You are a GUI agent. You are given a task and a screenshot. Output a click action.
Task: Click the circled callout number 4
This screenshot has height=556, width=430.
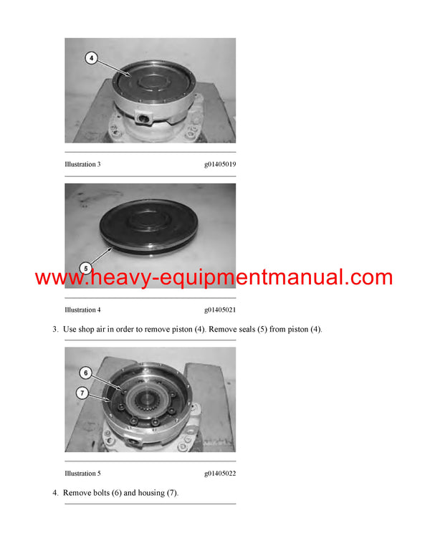click(x=91, y=58)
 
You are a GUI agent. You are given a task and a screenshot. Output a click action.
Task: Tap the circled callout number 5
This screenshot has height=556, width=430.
click(x=85, y=269)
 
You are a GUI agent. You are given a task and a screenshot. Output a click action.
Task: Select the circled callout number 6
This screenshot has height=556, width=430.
click(x=85, y=373)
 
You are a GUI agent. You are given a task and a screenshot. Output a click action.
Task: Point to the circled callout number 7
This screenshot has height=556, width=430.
click(x=82, y=393)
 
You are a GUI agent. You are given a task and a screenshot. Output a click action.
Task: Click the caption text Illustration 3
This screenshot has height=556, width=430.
click(x=82, y=164)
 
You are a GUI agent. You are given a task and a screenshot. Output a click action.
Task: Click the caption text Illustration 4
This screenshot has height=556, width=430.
click(x=82, y=310)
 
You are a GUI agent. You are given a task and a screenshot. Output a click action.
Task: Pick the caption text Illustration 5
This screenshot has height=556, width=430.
click(x=82, y=474)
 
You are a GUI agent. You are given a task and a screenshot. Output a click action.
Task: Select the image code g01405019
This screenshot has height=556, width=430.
click(x=220, y=164)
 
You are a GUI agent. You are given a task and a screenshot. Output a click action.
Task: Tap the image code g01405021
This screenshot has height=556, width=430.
click(x=220, y=310)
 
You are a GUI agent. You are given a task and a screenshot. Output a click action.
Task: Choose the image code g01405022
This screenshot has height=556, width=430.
click(x=220, y=474)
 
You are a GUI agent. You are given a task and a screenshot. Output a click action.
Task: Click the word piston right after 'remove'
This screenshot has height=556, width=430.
click(x=182, y=330)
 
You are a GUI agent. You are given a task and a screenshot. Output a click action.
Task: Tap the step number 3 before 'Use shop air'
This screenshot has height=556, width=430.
click(x=55, y=330)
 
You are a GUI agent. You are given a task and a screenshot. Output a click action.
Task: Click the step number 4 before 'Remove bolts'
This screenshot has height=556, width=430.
click(x=55, y=493)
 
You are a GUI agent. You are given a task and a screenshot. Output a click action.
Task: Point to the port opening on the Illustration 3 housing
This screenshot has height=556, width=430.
click(x=144, y=118)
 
